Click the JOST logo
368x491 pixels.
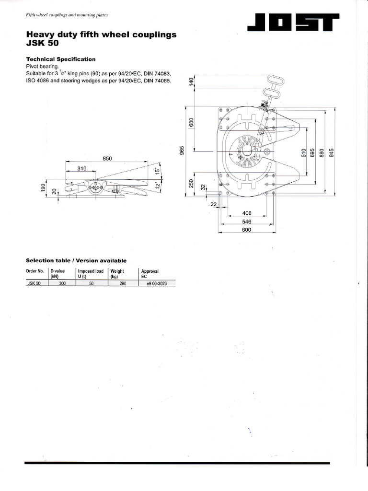click(x=293, y=23)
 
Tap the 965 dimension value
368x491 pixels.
click(x=182, y=151)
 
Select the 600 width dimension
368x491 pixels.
click(x=246, y=229)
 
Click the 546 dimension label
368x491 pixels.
click(x=246, y=222)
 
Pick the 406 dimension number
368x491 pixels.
click(x=246, y=214)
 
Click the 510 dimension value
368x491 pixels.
click(x=303, y=152)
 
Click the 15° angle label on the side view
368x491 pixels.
click(x=158, y=171)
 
